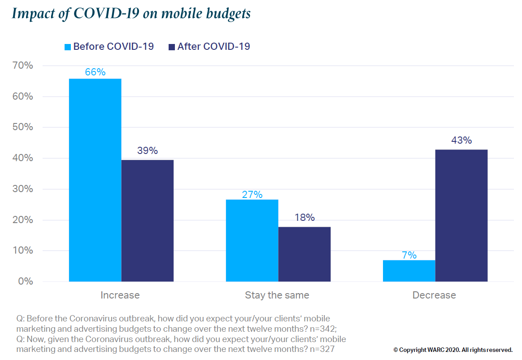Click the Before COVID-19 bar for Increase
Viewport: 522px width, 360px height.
[95, 180]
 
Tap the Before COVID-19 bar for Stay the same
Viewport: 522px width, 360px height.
[252, 241]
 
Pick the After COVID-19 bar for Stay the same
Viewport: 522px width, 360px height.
[304, 254]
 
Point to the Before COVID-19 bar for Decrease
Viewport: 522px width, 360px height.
[409, 271]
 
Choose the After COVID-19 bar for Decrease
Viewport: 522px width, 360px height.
[461, 215]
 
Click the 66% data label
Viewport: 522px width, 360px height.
[95, 72]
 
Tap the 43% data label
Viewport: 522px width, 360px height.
[461, 140]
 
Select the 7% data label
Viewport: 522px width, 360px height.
[409, 255]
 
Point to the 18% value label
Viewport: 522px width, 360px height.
[304, 218]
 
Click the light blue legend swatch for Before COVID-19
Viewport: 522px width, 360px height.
[68, 47]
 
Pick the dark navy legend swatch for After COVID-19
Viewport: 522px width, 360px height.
[172, 47]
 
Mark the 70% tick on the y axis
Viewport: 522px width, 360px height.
[22, 66]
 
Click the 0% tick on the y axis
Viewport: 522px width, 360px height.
[25, 281]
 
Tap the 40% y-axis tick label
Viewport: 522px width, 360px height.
[22, 158]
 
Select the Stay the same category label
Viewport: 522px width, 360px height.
[277, 295]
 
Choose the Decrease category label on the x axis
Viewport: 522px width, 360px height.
[434, 295]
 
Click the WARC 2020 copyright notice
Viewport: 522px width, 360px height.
[453, 350]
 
